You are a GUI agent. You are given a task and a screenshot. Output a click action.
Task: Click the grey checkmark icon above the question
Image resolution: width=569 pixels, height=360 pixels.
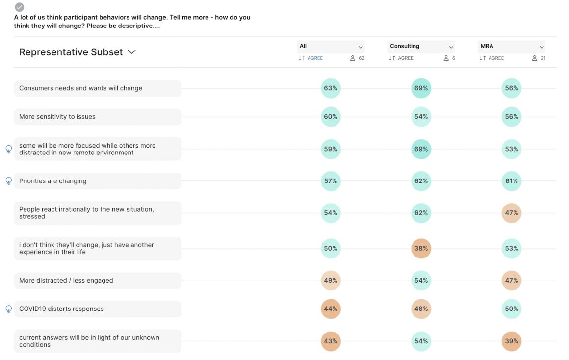19,7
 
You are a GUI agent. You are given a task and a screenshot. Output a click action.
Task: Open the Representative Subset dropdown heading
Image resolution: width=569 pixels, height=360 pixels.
77,52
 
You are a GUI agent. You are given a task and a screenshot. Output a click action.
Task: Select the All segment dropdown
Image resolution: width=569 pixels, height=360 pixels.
331,47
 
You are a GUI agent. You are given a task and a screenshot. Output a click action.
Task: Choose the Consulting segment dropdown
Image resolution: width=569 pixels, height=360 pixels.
421,47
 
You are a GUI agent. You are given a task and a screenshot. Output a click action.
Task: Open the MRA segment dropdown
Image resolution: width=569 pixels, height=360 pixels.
511,47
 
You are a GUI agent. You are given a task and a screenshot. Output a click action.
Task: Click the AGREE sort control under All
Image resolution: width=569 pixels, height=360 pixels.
311,58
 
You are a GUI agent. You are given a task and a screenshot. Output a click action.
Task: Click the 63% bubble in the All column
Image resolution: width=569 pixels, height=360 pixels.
331,88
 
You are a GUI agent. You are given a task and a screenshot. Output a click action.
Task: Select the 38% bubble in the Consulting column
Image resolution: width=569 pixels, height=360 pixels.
421,248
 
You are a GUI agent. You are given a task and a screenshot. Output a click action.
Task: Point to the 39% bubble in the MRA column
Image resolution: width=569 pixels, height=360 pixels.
511,341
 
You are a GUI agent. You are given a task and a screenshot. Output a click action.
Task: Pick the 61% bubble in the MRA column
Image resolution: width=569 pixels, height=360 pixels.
511,181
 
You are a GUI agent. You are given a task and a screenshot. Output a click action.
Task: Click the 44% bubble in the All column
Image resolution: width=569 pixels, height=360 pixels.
331,309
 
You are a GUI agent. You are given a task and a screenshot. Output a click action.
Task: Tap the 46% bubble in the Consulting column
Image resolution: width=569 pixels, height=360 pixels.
421,309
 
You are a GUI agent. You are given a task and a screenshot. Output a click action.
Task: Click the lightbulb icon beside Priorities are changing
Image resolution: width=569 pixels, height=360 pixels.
8,181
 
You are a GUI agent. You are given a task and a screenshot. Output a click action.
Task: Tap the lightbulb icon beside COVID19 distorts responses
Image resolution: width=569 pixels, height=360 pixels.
8,309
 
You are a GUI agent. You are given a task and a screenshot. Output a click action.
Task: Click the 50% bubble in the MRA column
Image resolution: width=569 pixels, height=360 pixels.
511,309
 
